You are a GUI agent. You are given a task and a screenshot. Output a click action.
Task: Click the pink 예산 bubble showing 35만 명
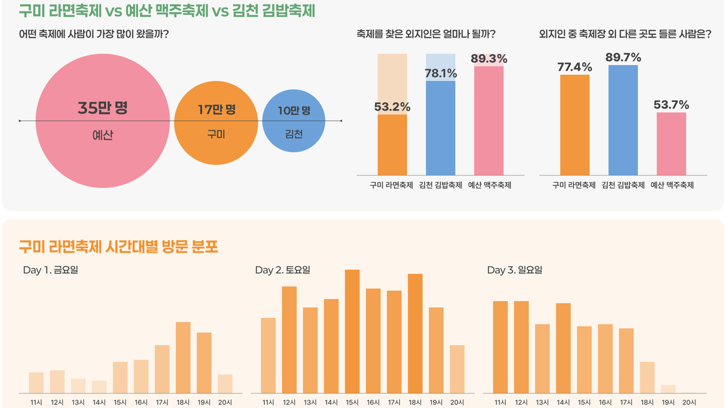103,151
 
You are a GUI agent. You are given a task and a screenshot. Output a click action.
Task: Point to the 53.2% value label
392,107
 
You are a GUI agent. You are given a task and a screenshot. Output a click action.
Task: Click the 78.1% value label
441,73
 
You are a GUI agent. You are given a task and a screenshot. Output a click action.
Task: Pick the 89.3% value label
489,59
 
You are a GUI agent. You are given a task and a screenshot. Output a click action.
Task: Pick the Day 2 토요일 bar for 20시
457,369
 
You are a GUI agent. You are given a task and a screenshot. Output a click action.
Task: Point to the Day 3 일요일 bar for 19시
668,389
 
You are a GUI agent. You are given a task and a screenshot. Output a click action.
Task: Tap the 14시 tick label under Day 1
99,402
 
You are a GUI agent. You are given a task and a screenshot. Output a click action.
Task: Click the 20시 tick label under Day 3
689,402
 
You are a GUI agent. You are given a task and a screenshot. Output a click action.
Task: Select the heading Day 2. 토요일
283,270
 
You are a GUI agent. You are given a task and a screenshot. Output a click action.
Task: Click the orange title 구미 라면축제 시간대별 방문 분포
118,247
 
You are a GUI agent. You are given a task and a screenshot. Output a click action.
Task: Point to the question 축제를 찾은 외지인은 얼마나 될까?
426,34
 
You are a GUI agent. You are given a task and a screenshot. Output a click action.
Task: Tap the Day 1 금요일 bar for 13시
78,386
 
